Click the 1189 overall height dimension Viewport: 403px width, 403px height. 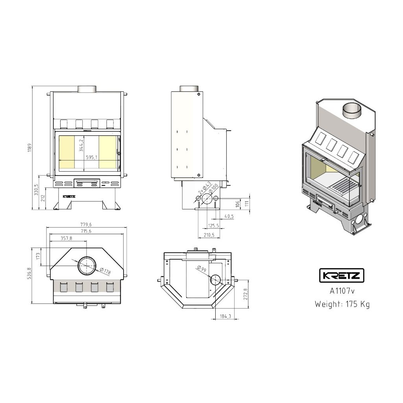(x=30, y=148)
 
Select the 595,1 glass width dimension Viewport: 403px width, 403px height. (x=92, y=157)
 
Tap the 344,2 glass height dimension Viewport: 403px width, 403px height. (x=81, y=146)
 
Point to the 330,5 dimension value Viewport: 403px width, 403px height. (x=36, y=189)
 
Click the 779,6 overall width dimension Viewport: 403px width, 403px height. (x=86, y=225)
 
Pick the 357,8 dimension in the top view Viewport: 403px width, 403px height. (x=66, y=238)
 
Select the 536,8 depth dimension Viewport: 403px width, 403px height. (x=29, y=273)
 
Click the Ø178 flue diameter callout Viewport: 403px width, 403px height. (x=105, y=271)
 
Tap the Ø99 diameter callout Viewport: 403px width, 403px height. (x=202, y=268)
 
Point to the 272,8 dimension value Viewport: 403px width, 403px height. (x=246, y=294)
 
